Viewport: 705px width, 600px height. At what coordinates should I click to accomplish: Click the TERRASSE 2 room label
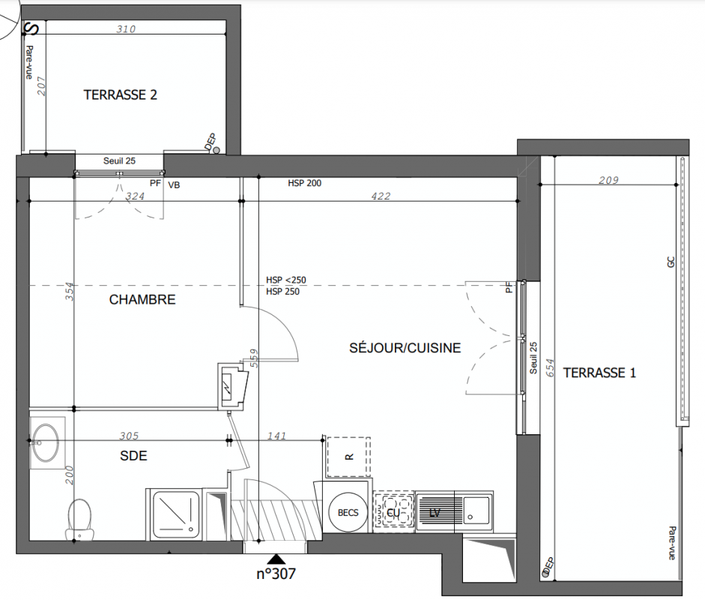pos(120,95)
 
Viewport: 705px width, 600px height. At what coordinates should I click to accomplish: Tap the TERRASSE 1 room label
pos(599,373)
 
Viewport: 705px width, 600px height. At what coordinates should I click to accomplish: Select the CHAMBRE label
pos(142,300)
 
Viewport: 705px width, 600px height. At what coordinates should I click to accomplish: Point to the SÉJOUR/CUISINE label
pos(405,347)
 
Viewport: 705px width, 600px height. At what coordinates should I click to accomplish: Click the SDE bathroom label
pos(133,456)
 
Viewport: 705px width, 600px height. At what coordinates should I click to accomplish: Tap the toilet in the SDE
pos(80,520)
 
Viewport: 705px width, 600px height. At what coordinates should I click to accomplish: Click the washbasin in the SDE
pos(46,442)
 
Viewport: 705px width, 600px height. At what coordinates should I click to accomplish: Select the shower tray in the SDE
pos(176,514)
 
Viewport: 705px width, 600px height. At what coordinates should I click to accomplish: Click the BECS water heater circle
pos(348,513)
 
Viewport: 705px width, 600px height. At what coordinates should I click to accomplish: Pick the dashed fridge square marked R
pos(348,457)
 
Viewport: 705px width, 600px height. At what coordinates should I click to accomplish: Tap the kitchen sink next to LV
pos(477,511)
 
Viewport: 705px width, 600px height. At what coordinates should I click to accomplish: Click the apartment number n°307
pos(276,574)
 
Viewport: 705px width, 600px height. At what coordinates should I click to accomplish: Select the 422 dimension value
pos(381,196)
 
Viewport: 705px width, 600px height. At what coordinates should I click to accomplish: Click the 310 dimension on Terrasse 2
pos(126,29)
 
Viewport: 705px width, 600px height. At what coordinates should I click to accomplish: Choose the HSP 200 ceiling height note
pos(305,183)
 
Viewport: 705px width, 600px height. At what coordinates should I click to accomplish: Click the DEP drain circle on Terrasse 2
pos(217,150)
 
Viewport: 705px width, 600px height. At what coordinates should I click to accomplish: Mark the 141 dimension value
pos(276,436)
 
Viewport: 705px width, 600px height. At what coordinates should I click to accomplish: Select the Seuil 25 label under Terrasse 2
pos(119,161)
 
